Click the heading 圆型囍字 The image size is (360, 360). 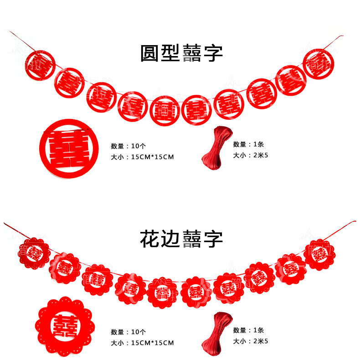(x=181, y=53)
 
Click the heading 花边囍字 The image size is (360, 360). (x=181, y=238)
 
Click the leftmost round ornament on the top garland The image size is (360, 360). (x=39, y=66)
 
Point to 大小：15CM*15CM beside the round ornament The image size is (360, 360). (x=142, y=157)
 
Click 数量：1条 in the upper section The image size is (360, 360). (x=248, y=144)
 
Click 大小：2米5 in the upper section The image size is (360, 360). (x=250, y=155)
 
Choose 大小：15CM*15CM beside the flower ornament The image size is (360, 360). (x=142, y=343)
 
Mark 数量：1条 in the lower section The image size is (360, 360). (x=248, y=330)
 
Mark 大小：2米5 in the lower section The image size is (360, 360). (x=250, y=341)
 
